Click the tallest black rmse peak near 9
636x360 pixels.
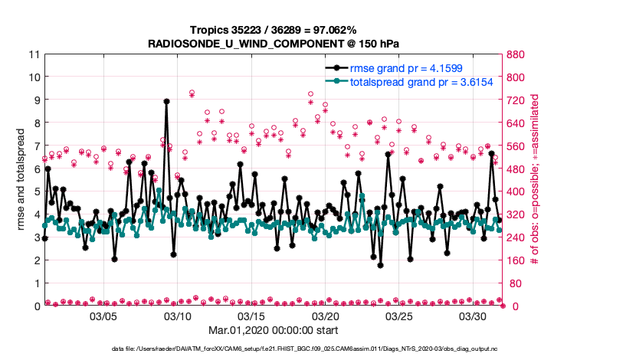pos(166,101)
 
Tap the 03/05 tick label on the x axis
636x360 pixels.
pos(103,316)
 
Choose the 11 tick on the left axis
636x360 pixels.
pos(34,54)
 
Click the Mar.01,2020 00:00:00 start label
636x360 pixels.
pos(274,332)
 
